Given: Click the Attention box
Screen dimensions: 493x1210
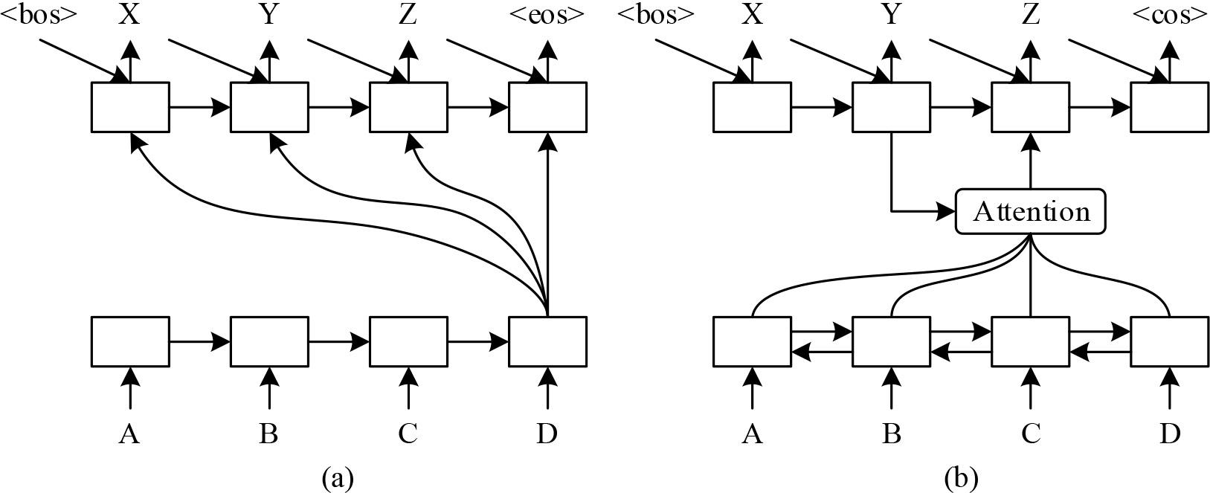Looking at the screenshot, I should [1030, 212].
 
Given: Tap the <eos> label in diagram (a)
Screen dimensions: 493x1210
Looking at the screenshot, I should [547, 16].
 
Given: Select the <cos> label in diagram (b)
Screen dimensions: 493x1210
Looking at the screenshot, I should [1169, 16].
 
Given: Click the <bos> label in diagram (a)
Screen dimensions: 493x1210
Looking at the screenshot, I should [39, 16].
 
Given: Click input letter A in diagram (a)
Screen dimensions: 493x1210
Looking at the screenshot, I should [129, 433].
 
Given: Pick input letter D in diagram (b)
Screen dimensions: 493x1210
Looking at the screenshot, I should [1169, 433].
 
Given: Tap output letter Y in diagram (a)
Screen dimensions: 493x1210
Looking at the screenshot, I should [268, 16].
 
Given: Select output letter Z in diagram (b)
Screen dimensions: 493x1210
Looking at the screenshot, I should [1030, 16].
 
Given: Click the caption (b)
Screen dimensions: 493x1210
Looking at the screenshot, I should [960, 477].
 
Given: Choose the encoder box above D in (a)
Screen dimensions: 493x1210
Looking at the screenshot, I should [547, 341].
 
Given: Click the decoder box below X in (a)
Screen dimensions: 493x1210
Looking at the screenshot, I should [129, 107].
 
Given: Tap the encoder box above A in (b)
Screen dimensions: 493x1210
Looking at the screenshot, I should [751, 341].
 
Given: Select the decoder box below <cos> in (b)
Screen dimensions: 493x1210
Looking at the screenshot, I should [1169, 107].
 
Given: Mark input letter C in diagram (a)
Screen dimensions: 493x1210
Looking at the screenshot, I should [408, 433].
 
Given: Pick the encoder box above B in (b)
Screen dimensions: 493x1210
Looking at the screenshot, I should [891, 341].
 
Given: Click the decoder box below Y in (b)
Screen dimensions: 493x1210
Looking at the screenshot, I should [891, 107].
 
